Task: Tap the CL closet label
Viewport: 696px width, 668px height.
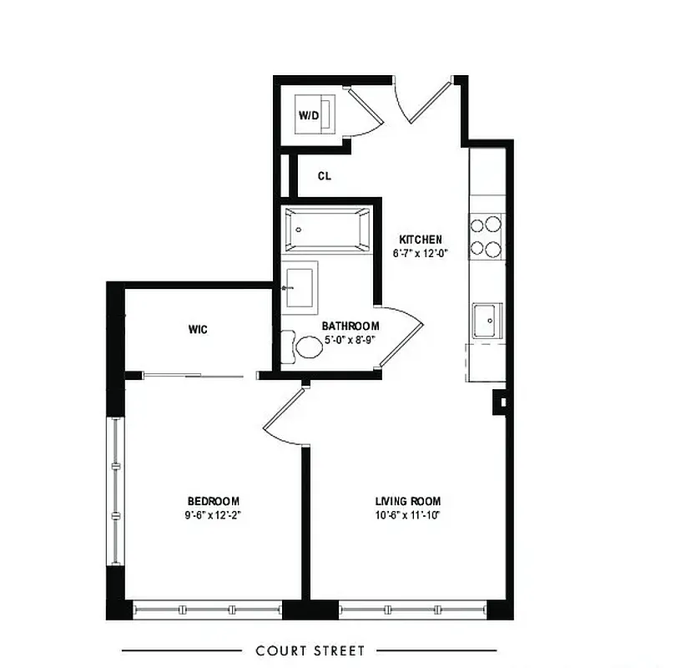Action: click(x=325, y=176)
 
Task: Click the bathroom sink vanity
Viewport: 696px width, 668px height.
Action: click(x=300, y=286)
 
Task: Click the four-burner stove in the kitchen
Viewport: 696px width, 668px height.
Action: click(x=487, y=235)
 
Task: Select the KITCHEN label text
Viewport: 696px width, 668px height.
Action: click(x=420, y=239)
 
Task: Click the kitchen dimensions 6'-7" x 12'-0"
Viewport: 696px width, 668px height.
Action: click(x=420, y=253)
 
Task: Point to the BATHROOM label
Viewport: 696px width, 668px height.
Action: click(x=351, y=326)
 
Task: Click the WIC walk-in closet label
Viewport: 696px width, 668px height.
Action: click(x=197, y=329)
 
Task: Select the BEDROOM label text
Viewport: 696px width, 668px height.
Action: click(x=213, y=501)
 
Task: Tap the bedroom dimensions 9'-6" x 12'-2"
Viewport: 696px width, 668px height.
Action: click(x=213, y=515)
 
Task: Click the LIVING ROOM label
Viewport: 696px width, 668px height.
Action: click(x=406, y=501)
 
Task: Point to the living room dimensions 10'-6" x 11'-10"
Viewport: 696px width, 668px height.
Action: click(x=406, y=515)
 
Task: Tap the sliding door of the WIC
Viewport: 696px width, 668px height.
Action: click(x=194, y=376)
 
